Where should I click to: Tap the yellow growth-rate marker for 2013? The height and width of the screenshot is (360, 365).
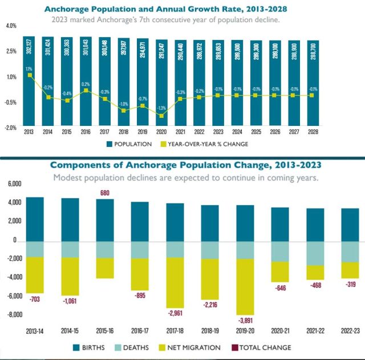pos(29,75)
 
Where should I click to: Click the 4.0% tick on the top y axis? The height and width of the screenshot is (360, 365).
pos(11,26)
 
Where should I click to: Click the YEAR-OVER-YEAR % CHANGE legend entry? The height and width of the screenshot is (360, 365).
pos(206,144)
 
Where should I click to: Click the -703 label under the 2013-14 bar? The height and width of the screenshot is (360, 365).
pos(35,298)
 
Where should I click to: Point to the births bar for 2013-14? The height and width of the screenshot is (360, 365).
pos(35,219)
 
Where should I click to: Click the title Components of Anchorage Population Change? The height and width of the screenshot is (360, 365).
pos(185,165)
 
